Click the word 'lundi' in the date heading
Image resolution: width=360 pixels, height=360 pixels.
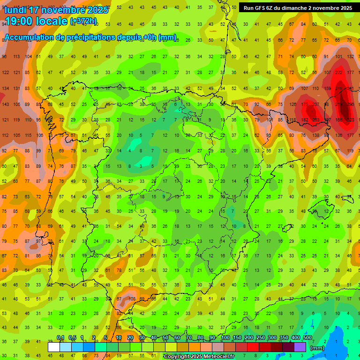(15, 10)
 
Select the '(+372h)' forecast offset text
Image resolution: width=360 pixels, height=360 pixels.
(83, 22)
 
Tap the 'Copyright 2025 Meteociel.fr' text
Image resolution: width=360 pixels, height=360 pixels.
(199, 357)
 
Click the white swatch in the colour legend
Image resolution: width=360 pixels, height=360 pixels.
(54, 347)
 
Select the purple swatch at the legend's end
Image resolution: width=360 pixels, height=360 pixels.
(300, 347)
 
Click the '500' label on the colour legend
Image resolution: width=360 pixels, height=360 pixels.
(307, 337)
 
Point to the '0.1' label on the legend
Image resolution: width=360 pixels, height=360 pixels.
(60, 337)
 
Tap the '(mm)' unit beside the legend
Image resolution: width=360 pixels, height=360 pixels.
(317, 348)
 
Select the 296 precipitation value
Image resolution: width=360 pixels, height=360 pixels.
(349, 104)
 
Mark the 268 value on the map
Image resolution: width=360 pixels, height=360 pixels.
(316, 120)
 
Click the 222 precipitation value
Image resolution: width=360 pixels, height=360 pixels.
(338, 72)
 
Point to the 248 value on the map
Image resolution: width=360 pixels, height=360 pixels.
(338, 88)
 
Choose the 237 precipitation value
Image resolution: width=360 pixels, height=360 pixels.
(316, 104)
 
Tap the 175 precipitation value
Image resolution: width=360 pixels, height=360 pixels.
(305, 104)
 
